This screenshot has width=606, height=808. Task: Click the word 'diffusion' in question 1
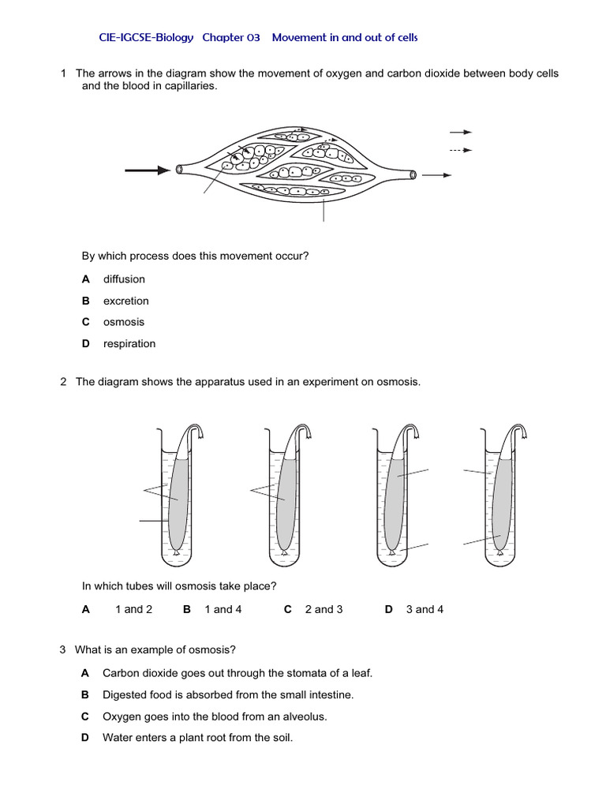tap(124, 279)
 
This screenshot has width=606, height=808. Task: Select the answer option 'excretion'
tap(125, 301)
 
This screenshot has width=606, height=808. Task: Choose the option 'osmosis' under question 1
tap(123, 322)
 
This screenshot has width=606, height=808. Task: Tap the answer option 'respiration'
tap(129, 343)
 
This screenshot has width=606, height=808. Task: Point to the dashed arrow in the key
tap(461, 150)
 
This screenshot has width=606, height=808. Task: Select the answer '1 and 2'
tap(133, 609)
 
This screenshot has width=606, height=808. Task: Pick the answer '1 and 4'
tap(223, 609)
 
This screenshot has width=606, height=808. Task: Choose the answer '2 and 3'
tap(324, 609)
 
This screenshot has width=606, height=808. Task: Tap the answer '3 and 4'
tap(425, 609)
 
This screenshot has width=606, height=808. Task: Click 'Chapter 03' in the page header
tap(233, 37)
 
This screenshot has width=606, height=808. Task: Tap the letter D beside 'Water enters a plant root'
tap(85, 738)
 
